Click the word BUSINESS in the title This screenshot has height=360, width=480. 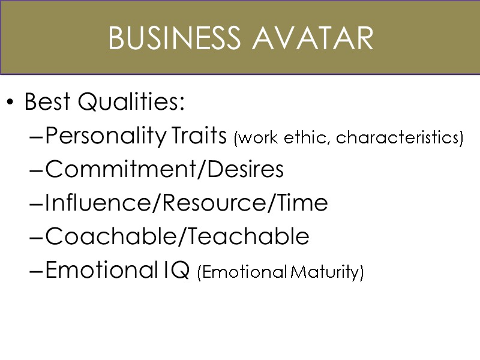click(176, 39)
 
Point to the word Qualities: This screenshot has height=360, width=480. click(132, 103)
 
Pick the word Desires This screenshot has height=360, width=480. click(245, 170)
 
